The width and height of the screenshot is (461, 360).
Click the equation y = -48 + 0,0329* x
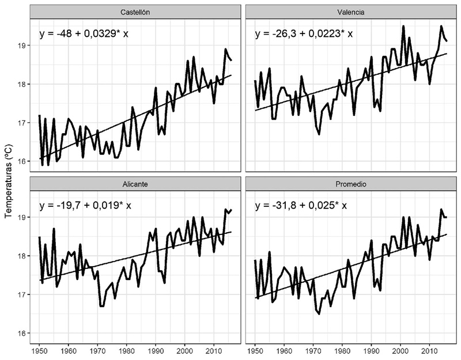pyautogui.click(x=84, y=33)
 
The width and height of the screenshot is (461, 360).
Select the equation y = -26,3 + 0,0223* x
pyautogui.click(x=304, y=33)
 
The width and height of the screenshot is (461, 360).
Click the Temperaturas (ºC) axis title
pyautogui.click(x=9, y=180)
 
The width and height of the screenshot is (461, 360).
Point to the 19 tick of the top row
pyautogui.click(x=24, y=46)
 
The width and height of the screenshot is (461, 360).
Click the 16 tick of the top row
pyautogui.click(x=24, y=161)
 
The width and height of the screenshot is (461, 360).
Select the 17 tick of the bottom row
pyautogui.click(x=24, y=294)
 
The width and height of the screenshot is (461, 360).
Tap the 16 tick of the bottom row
pyautogui.click(x=24, y=333)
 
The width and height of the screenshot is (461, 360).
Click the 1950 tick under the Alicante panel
pyautogui.click(x=39, y=350)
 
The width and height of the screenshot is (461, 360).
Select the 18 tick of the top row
pyautogui.click(x=24, y=84)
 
